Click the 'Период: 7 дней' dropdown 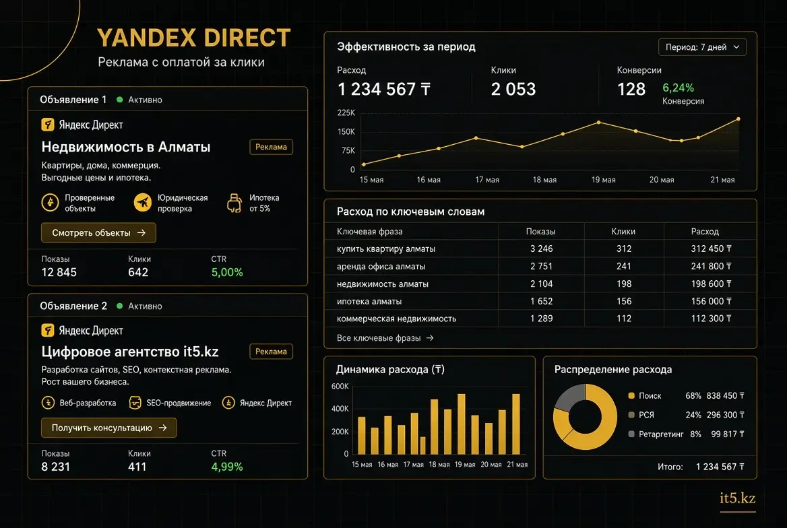point(702,47)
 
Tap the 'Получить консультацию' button point(109,428)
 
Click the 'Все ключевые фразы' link point(385,338)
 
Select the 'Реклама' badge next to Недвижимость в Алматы point(271,147)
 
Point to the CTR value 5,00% point(227,273)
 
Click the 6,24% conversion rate point(678,88)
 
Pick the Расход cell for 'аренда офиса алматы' point(712,266)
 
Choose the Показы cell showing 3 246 point(542,249)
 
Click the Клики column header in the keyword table point(623,232)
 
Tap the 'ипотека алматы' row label point(369,301)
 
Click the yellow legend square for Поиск point(631,395)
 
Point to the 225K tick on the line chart point(346,112)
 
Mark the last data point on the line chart point(738,119)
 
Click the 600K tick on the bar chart point(340,387)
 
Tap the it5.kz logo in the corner point(737,498)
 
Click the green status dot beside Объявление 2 point(119,306)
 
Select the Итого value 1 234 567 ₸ point(720,467)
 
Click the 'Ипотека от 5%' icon point(234,203)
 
